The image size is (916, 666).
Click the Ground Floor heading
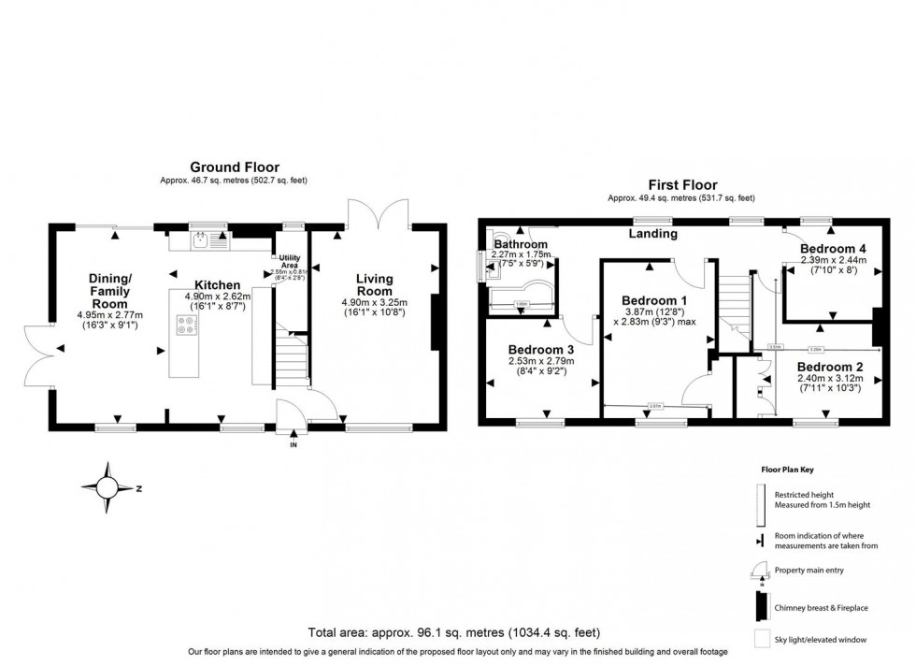[235, 166]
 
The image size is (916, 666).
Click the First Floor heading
[681, 185]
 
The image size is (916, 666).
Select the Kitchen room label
[218, 284]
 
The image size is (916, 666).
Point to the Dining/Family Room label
[114, 290]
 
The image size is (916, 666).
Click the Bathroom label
[521, 245]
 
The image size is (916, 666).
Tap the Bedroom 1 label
[655, 300]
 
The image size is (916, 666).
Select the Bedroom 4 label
[833, 248]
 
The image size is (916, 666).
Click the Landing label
[653, 233]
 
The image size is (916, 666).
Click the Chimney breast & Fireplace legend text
[821, 608]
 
